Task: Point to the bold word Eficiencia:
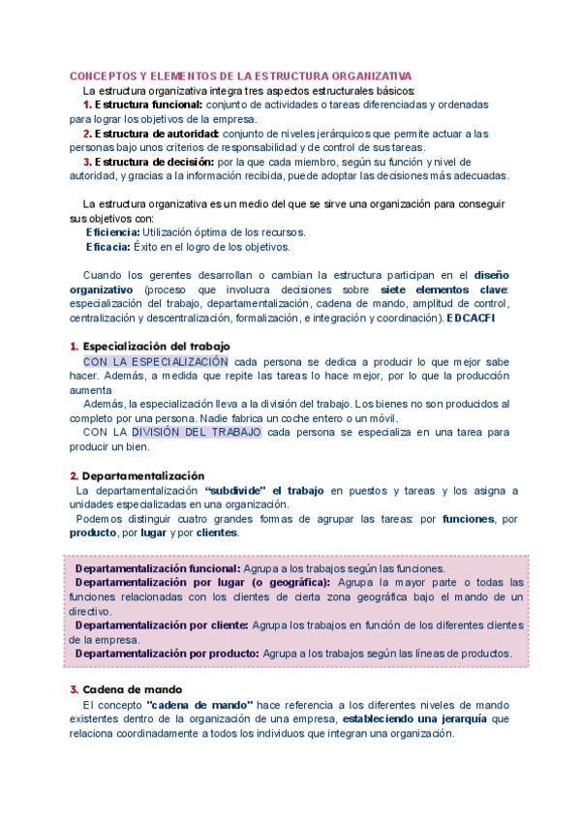[112, 232]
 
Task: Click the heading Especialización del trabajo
[156, 347]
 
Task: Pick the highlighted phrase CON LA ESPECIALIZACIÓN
[156, 361]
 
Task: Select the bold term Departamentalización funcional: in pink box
[158, 568]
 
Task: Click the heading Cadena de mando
[127, 689]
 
